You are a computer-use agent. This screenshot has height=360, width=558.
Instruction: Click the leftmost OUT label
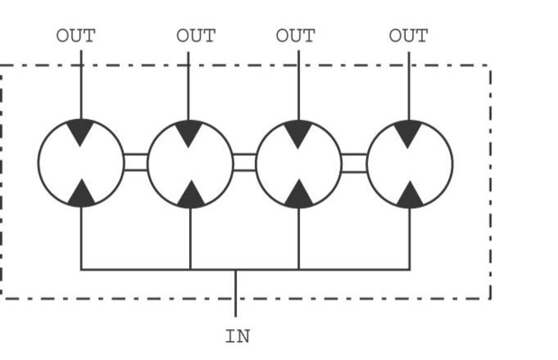tap(76, 36)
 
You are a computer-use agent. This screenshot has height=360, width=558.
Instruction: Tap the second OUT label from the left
tap(196, 36)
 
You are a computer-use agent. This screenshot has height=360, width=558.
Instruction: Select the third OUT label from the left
tap(295, 36)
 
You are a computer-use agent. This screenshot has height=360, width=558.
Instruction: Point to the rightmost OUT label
tap(409, 36)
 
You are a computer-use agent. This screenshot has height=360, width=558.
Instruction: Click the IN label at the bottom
tap(238, 337)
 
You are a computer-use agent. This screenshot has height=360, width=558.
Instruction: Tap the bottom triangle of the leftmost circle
tap(82, 194)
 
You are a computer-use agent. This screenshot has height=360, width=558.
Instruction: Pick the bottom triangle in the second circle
tap(191, 195)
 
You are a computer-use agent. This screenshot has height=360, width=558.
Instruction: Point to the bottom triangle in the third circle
tap(299, 195)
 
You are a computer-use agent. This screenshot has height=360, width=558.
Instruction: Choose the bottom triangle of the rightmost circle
tap(410, 195)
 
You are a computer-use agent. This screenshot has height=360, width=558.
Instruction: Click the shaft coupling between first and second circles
tap(136, 162)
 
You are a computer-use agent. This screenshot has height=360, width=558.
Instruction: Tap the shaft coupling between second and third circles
tap(245, 162)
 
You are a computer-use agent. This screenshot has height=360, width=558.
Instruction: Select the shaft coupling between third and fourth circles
tap(354, 163)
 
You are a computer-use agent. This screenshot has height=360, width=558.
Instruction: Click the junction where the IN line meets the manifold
tap(236, 270)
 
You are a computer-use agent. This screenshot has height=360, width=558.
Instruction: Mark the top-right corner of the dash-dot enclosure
tap(490, 66)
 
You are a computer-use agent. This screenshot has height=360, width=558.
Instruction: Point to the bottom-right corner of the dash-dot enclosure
tap(490, 299)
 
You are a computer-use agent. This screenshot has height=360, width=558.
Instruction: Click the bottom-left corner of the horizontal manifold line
tap(82, 270)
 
